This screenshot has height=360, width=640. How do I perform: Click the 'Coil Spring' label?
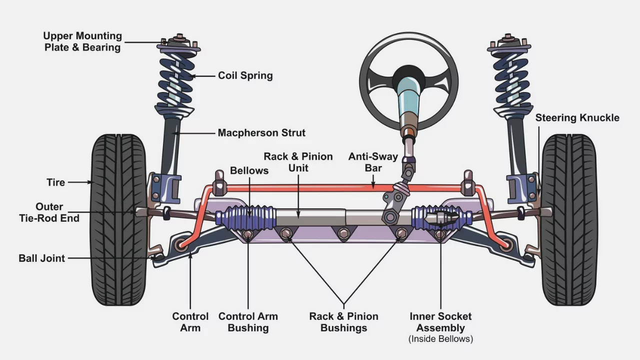pos(245,76)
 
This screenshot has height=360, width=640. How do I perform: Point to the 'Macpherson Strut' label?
pos(261,133)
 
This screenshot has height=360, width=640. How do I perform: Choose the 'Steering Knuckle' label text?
pos(577,118)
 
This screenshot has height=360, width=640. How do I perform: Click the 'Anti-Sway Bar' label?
pos(373,162)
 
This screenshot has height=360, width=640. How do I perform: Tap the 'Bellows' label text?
pos(249,170)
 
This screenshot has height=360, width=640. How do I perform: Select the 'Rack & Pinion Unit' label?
pos(298,162)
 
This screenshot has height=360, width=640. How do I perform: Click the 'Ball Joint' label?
pos(42,258)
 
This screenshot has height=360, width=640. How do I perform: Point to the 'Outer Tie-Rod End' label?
pos(49,212)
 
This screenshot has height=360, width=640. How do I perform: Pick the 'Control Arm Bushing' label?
pos(248,322)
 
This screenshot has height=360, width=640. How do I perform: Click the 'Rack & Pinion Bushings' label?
pos(343,322)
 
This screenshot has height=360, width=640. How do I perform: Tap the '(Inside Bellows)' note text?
pos(440,339)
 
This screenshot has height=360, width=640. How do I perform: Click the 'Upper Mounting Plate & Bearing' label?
pos(82,41)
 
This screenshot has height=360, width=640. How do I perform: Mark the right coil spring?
pos(511,80)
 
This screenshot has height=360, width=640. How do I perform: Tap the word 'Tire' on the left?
pos(55,182)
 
